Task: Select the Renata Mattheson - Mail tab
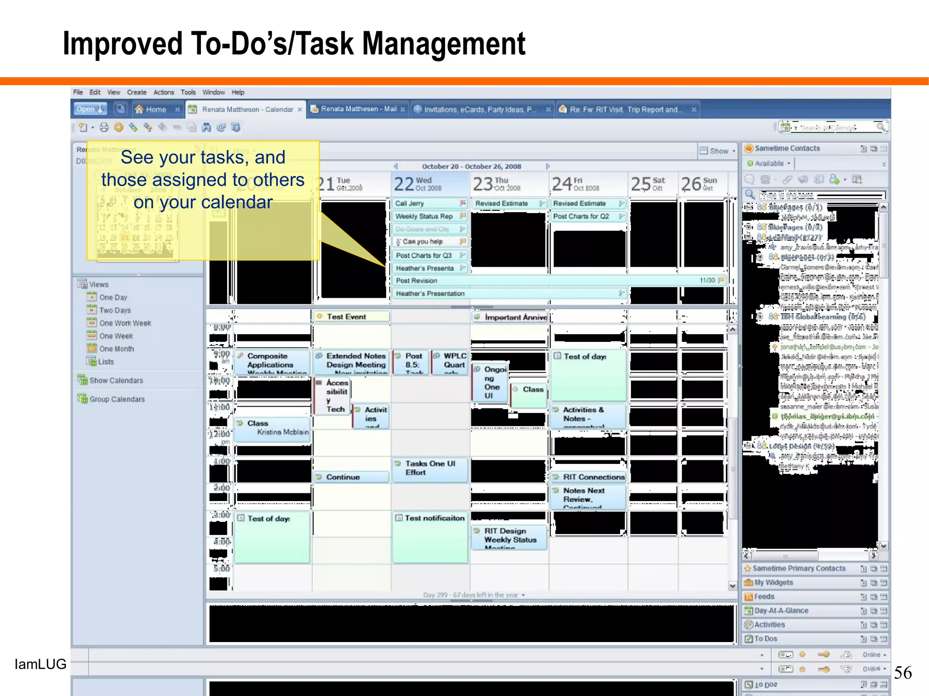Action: click(x=358, y=109)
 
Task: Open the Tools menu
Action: click(x=188, y=92)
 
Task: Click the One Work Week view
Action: click(x=125, y=323)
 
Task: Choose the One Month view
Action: click(x=116, y=349)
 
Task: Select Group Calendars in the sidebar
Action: click(x=117, y=399)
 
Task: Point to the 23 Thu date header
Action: click(x=496, y=184)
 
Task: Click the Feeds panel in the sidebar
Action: click(x=764, y=597)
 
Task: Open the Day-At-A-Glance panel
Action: click(x=781, y=611)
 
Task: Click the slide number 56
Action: click(x=902, y=672)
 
